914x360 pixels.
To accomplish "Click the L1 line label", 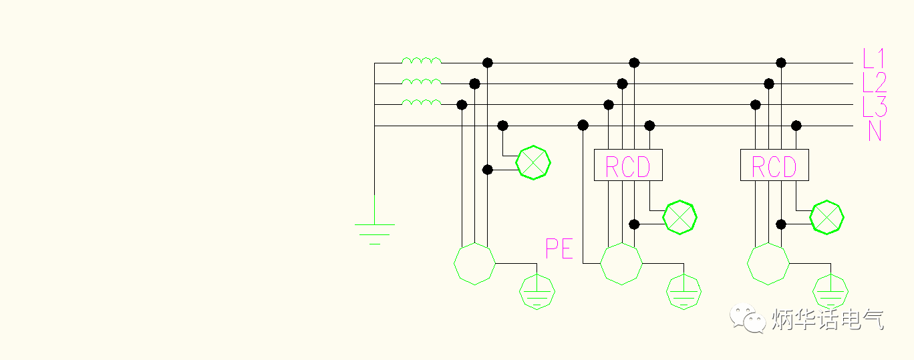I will pyautogui.click(x=873, y=59).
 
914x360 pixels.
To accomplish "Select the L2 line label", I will pyautogui.click(x=874, y=83).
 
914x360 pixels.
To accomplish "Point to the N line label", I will pyautogui.click(x=875, y=131).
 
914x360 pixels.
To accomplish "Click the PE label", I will pyautogui.click(x=559, y=249).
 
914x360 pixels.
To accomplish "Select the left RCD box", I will pyautogui.click(x=628, y=165).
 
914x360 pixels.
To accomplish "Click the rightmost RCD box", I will pyautogui.click(x=774, y=165).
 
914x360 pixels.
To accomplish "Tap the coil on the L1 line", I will pyautogui.click(x=421, y=61).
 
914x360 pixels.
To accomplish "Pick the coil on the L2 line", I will pyautogui.click(x=421, y=81).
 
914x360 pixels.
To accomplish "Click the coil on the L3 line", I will pyautogui.click(x=421, y=102).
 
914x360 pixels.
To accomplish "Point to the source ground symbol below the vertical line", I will pyautogui.click(x=374, y=230).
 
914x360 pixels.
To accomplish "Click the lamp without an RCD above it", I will pyautogui.click(x=534, y=162).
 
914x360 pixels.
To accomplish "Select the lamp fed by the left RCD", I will pyautogui.click(x=679, y=217).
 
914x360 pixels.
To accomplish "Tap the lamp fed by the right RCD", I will pyautogui.click(x=826, y=217).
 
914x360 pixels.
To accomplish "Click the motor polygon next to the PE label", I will pyautogui.click(x=621, y=264).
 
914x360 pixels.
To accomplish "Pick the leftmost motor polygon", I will pyautogui.click(x=474, y=264).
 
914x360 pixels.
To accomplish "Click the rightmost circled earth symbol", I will pyautogui.click(x=830, y=292).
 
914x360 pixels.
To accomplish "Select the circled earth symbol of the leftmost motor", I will pyautogui.click(x=538, y=292).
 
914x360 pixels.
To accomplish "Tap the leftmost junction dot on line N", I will pyautogui.click(x=503, y=126).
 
